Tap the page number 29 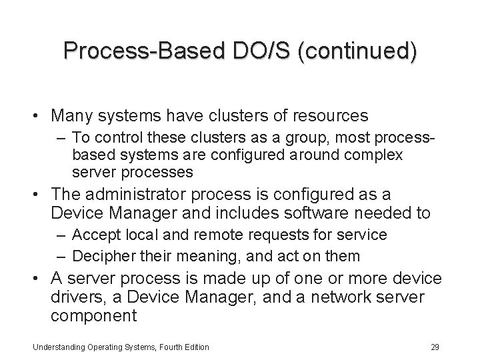pos(435,347)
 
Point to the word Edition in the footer pos(195,347)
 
